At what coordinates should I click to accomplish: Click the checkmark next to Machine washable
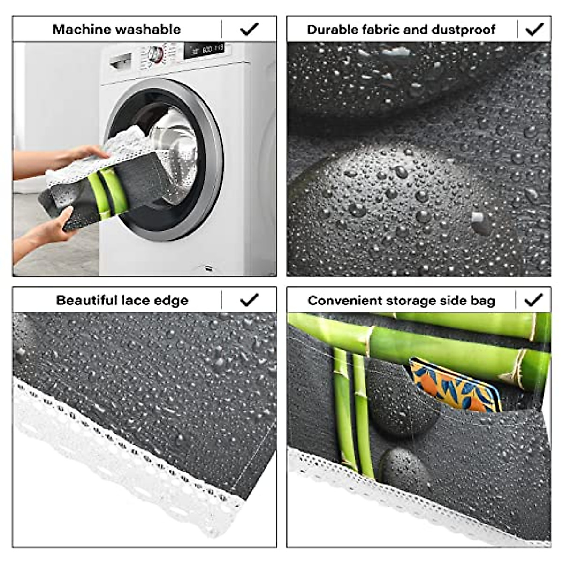click(249, 29)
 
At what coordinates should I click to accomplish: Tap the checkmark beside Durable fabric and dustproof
click(534, 29)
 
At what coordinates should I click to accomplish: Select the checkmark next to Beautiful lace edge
click(249, 300)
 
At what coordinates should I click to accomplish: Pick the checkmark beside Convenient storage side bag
click(533, 300)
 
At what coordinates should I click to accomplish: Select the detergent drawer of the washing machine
click(121, 61)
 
